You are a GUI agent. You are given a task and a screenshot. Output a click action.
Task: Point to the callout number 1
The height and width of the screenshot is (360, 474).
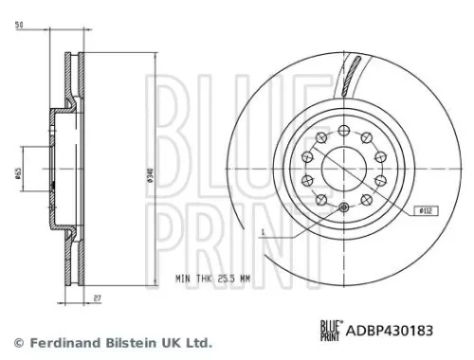[x=259, y=231]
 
